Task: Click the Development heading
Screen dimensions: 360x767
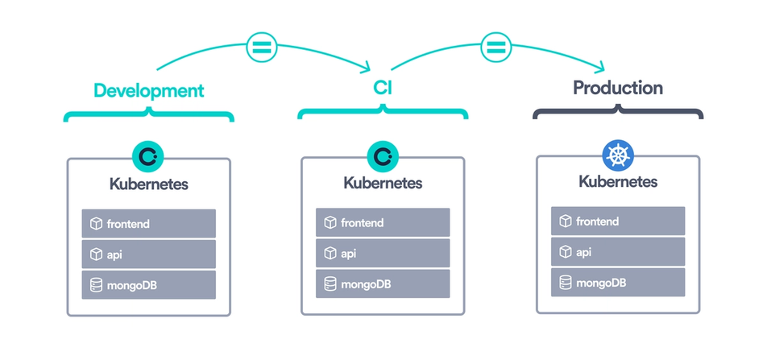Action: (x=149, y=90)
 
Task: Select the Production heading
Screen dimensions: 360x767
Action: (x=618, y=88)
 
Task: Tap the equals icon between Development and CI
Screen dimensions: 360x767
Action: (x=260, y=47)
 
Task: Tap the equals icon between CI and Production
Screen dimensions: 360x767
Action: (x=495, y=47)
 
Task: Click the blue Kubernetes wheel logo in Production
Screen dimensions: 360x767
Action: (x=618, y=155)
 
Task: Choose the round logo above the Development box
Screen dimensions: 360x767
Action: (x=148, y=156)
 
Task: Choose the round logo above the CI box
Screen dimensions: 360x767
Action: (x=382, y=156)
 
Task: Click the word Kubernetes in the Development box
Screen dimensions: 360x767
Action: (x=149, y=184)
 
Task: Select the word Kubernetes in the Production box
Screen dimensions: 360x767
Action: (x=618, y=181)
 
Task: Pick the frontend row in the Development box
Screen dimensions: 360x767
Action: (x=149, y=224)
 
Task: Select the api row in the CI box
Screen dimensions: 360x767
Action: (x=383, y=253)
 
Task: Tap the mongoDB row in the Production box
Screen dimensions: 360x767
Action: (x=618, y=282)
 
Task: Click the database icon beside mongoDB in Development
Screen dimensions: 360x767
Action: (x=96, y=285)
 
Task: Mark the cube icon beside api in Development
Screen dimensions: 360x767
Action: (x=96, y=254)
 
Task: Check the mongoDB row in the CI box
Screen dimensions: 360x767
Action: (x=383, y=283)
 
